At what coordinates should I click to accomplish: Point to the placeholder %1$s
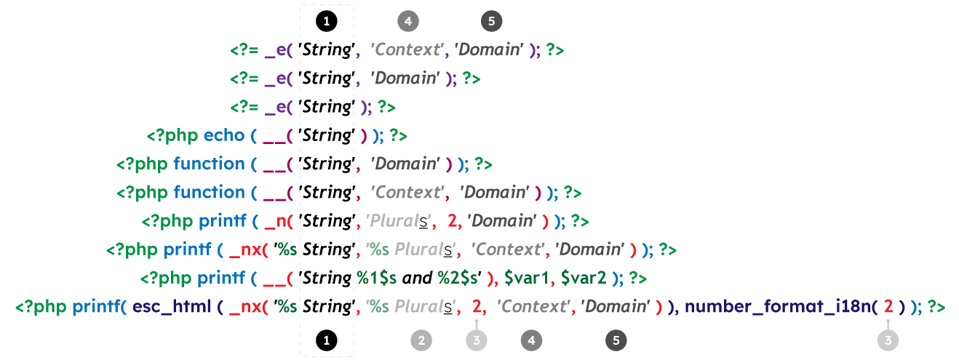[376, 278]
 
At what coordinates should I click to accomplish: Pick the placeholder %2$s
[458, 278]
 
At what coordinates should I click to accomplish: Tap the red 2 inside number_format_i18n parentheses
[888, 307]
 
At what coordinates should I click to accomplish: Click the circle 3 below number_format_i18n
[888, 340]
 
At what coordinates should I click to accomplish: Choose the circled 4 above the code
[408, 21]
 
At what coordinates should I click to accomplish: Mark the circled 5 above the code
[491, 21]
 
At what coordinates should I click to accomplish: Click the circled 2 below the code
[421, 340]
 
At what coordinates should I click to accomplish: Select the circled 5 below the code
[616, 340]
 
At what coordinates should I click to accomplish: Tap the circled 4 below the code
[532, 340]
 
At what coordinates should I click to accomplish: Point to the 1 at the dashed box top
[327, 22]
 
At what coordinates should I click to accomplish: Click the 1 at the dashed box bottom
[327, 340]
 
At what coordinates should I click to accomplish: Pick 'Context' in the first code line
[407, 50]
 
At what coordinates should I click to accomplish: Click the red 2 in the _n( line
[452, 221]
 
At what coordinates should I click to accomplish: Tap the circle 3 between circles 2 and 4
[477, 340]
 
